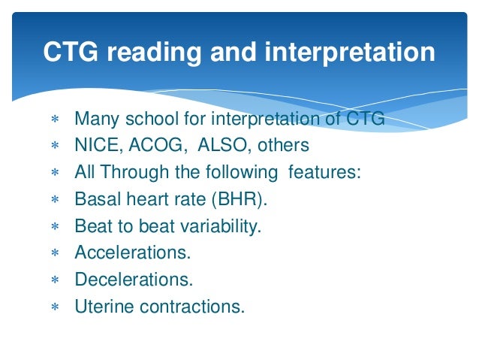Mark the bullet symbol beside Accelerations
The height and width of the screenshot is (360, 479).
click(x=54, y=254)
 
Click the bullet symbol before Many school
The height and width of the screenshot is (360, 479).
click(x=54, y=119)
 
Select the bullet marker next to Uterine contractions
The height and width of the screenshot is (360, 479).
click(x=54, y=307)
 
